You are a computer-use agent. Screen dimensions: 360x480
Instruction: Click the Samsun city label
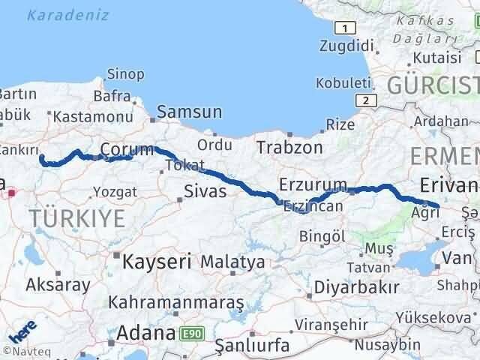[x=190, y=112]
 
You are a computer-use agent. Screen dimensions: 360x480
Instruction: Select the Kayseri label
[x=157, y=262]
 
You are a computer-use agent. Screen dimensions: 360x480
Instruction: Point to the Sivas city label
[x=206, y=191]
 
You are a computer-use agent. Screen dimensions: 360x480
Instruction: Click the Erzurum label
[x=313, y=184]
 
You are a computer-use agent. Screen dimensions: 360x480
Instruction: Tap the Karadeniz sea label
[x=68, y=15]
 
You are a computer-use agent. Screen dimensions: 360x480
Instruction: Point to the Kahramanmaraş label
[x=176, y=303]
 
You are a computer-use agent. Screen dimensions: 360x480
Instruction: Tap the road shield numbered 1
[x=344, y=28]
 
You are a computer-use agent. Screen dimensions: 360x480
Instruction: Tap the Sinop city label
[x=121, y=73]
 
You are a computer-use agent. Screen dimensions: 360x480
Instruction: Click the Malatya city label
[x=232, y=262]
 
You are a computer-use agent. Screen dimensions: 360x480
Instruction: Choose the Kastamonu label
[x=82, y=116]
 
